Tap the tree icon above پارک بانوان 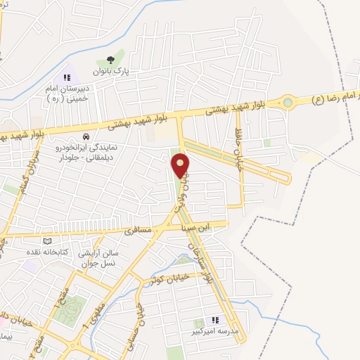coord(109,60)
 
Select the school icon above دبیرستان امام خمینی coord(67,78)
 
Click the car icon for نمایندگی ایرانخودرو coord(85,136)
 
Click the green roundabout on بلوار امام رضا coord(287,103)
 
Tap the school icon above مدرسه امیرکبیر coord(215,319)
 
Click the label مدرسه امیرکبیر coord(215,329)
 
